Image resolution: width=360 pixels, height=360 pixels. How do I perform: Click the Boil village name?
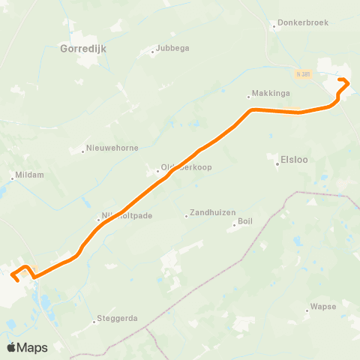245,221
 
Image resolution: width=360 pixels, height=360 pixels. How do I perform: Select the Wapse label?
321,307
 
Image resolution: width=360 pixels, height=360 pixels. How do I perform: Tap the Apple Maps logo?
27,347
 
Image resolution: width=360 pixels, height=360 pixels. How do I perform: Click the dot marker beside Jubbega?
152,52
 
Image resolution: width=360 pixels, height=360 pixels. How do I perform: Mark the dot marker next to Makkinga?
249,96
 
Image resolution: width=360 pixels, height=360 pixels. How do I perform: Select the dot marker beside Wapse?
307,307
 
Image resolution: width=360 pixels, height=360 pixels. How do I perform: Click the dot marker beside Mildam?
11,178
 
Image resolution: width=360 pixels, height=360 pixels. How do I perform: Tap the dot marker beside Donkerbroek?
274,23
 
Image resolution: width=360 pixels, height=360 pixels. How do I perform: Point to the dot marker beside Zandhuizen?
186,216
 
